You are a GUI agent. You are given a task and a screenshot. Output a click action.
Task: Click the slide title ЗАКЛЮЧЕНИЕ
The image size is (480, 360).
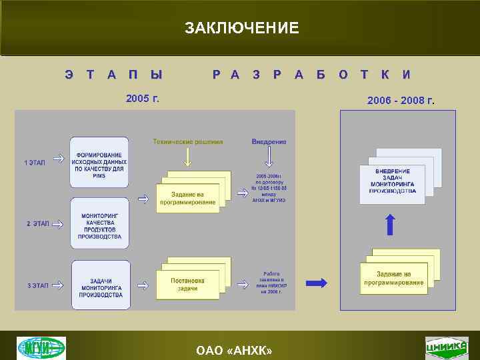click(x=241, y=28)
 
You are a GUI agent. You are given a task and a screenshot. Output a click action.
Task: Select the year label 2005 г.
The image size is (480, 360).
click(x=143, y=99)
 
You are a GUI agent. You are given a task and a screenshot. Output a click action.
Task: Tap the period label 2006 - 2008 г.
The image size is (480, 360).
click(x=401, y=101)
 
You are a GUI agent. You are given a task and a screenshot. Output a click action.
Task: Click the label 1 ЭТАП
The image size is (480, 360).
click(x=35, y=163)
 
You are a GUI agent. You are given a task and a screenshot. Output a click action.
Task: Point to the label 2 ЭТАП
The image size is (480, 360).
click(x=38, y=224)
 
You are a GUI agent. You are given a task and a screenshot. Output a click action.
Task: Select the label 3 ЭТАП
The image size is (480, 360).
click(x=38, y=286)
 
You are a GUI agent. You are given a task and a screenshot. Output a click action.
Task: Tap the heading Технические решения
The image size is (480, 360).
click(x=188, y=141)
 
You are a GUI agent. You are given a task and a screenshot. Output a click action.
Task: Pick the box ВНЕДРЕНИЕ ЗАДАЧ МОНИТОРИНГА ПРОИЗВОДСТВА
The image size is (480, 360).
click(x=392, y=181)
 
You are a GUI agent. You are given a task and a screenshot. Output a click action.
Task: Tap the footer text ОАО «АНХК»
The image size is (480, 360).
click(x=234, y=350)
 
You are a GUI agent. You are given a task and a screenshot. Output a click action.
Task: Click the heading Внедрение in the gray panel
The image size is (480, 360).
click(x=269, y=141)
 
